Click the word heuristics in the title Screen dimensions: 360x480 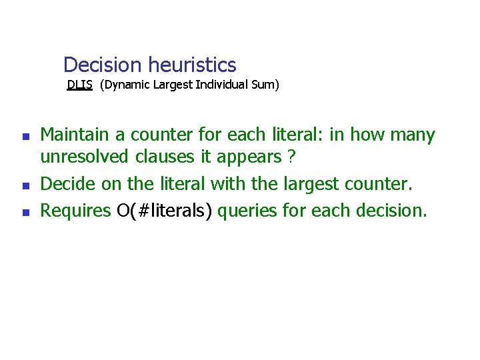point(192,65)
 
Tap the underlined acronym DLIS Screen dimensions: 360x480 point(79,85)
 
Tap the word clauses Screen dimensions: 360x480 point(159,157)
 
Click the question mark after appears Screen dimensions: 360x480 point(291,157)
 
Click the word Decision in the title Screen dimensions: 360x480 point(103,65)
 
